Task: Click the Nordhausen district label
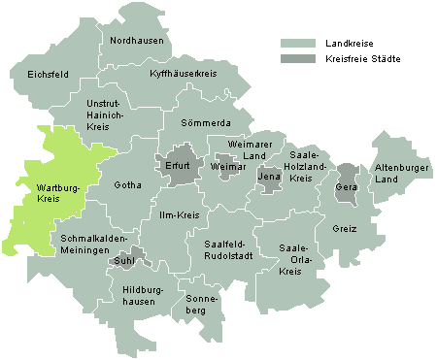[x=135, y=41]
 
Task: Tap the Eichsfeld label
[x=32, y=74]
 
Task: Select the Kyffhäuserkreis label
[x=183, y=74]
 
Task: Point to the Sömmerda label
[x=206, y=123]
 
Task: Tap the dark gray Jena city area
[x=268, y=179]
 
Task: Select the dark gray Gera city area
[x=346, y=184]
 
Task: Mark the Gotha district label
[x=127, y=184]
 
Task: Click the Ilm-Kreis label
[x=173, y=215]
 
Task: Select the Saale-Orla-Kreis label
[x=293, y=258]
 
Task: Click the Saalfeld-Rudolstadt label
[x=229, y=249]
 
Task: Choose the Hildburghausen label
[x=139, y=295]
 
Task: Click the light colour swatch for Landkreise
[x=298, y=44]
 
